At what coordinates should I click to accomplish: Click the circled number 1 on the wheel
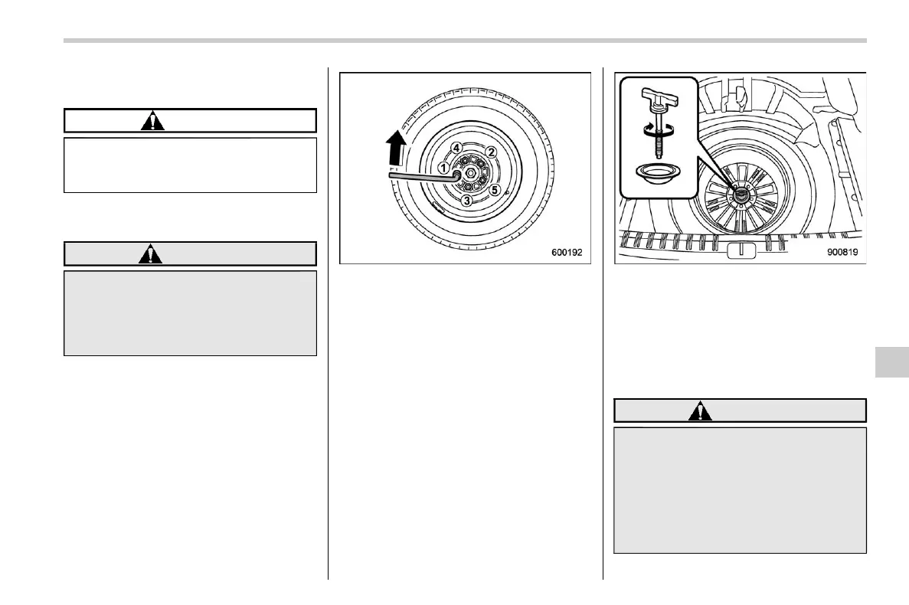(x=443, y=167)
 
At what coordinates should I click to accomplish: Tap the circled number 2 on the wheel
(x=491, y=152)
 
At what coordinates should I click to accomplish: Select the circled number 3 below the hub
(x=466, y=201)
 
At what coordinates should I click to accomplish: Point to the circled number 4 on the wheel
(x=456, y=147)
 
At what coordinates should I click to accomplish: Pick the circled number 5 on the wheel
(x=494, y=189)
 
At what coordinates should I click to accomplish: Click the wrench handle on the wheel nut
(x=421, y=176)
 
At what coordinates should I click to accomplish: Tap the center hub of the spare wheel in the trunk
(x=742, y=196)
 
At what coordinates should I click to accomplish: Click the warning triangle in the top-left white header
(x=155, y=121)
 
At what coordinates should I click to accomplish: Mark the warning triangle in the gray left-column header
(x=151, y=254)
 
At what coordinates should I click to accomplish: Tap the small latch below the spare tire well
(x=739, y=250)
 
